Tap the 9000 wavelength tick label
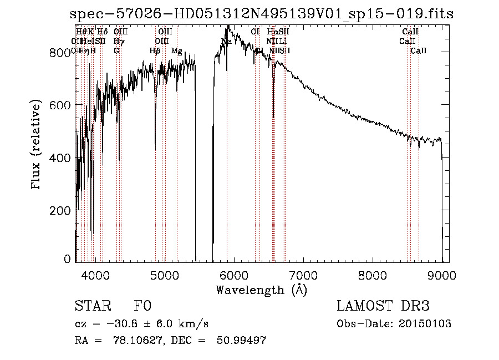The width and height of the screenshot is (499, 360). (x=442, y=274)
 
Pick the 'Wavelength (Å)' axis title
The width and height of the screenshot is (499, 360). (x=261, y=289)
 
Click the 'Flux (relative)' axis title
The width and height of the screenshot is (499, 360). (x=37, y=145)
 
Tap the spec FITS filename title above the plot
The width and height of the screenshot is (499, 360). (x=262, y=14)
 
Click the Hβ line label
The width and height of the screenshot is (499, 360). (x=155, y=51)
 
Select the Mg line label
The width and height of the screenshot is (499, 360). (x=176, y=51)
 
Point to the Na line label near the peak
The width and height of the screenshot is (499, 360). (x=226, y=42)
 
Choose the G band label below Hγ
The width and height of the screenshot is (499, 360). (x=116, y=51)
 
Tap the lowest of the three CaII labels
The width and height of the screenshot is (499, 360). (x=419, y=51)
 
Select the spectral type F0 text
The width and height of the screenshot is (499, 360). (x=142, y=306)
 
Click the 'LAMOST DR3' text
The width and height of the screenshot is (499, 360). (x=383, y=306)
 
